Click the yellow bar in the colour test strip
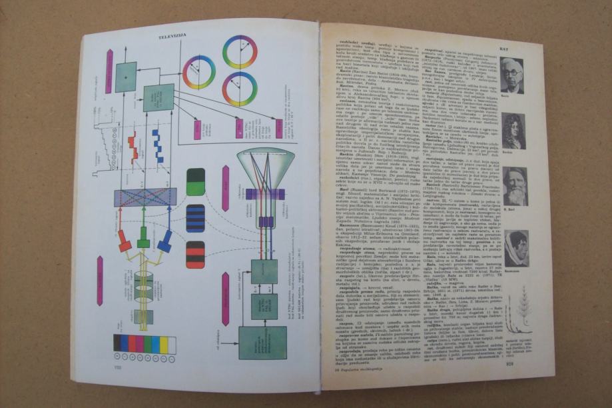(x=166, y=345)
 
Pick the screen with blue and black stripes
(x=195, y=217)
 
